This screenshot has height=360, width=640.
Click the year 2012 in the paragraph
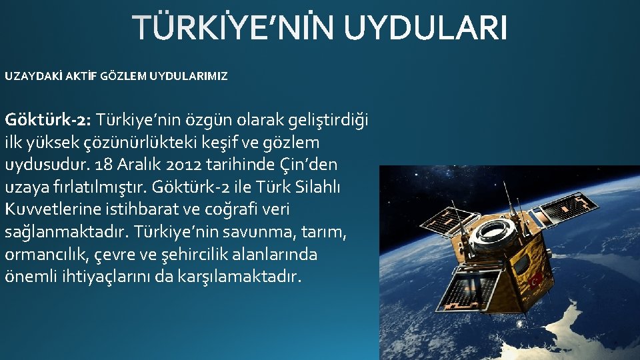[x=165, y=165]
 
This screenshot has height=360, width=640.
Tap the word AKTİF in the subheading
[x=80, y=76]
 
